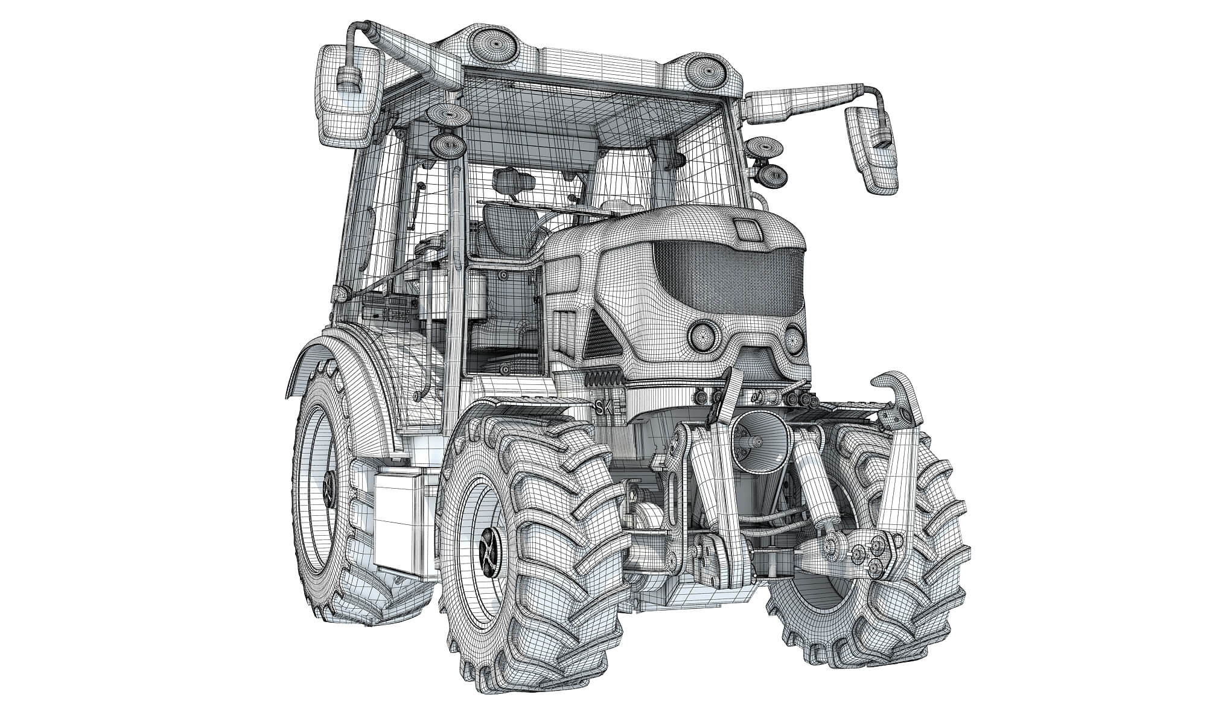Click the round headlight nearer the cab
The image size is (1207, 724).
pos(702,335)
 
